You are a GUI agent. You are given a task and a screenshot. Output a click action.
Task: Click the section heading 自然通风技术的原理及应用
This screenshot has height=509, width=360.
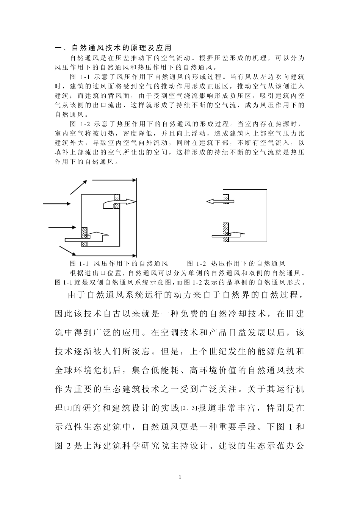(121, 48)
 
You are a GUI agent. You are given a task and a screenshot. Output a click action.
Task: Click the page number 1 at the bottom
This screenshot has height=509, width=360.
(180, 476)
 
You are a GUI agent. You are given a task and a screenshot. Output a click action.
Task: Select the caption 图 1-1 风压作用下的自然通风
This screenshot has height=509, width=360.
(119, 264)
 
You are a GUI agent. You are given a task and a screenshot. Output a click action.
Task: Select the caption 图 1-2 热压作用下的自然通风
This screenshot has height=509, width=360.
(236, 264)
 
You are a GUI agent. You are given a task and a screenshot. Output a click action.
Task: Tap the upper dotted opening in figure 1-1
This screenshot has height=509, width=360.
(117, 201)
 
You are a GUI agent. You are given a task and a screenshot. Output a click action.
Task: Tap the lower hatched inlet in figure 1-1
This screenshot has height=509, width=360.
(84, 236)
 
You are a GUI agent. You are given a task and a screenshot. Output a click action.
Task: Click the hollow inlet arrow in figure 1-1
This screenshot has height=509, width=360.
(91, 237)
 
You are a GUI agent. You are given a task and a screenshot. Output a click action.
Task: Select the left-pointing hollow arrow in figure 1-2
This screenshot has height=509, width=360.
(216, 201)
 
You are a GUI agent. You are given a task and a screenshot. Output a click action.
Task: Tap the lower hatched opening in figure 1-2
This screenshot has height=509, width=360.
(226, 232)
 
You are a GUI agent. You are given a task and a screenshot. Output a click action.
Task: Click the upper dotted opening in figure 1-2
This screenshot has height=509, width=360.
(226, 201)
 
